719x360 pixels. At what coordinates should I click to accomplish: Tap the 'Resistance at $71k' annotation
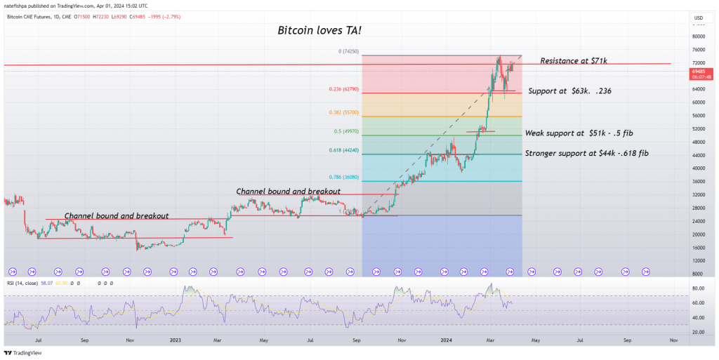tap(574, 61)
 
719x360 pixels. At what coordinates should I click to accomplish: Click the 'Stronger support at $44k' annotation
tap(586, 154)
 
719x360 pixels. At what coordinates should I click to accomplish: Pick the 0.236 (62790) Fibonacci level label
tap(344, 89)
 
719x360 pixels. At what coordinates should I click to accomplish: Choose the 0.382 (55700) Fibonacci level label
tap(344, 112)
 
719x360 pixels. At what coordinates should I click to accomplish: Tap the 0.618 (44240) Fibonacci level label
tap(344, 150)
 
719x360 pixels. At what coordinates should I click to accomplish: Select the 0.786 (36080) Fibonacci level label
tap(344, 178)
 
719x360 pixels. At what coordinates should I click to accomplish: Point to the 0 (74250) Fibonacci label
tap(348, 51)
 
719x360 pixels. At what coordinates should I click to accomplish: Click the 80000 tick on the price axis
tap(699, 36)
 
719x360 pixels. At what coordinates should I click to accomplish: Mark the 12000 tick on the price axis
tap(699, 260)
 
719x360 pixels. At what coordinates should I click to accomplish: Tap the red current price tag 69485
tap(699, 72)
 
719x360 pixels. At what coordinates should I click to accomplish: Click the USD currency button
tap(699, 18)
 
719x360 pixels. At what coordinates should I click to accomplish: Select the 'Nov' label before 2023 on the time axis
tap(129, 339)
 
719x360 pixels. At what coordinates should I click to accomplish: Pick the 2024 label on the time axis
tap(446, 339)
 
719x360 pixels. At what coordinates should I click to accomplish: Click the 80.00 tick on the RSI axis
tap(699, 288)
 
